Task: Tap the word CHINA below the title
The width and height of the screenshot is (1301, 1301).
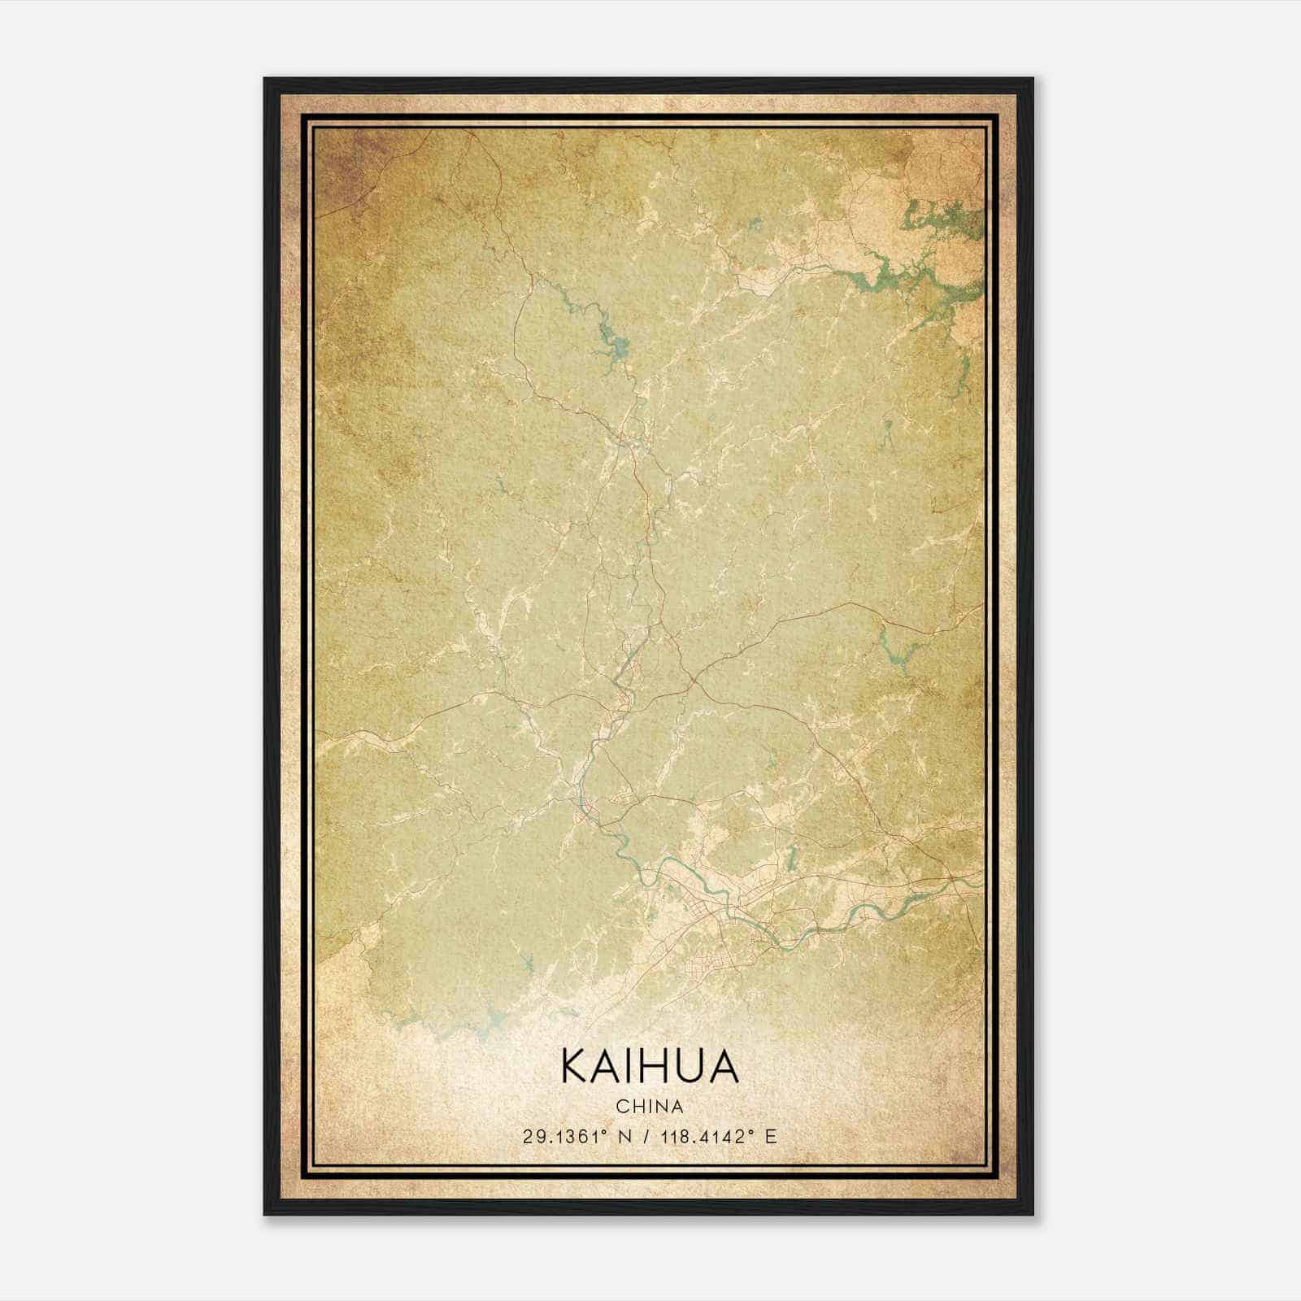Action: (x=649, y=1107)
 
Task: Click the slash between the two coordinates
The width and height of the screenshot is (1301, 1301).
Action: (x=647, y=1136)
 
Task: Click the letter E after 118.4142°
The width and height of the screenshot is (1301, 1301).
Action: (x=771, y=1136)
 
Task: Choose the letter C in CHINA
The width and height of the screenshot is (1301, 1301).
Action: (x=621, y=1107)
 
